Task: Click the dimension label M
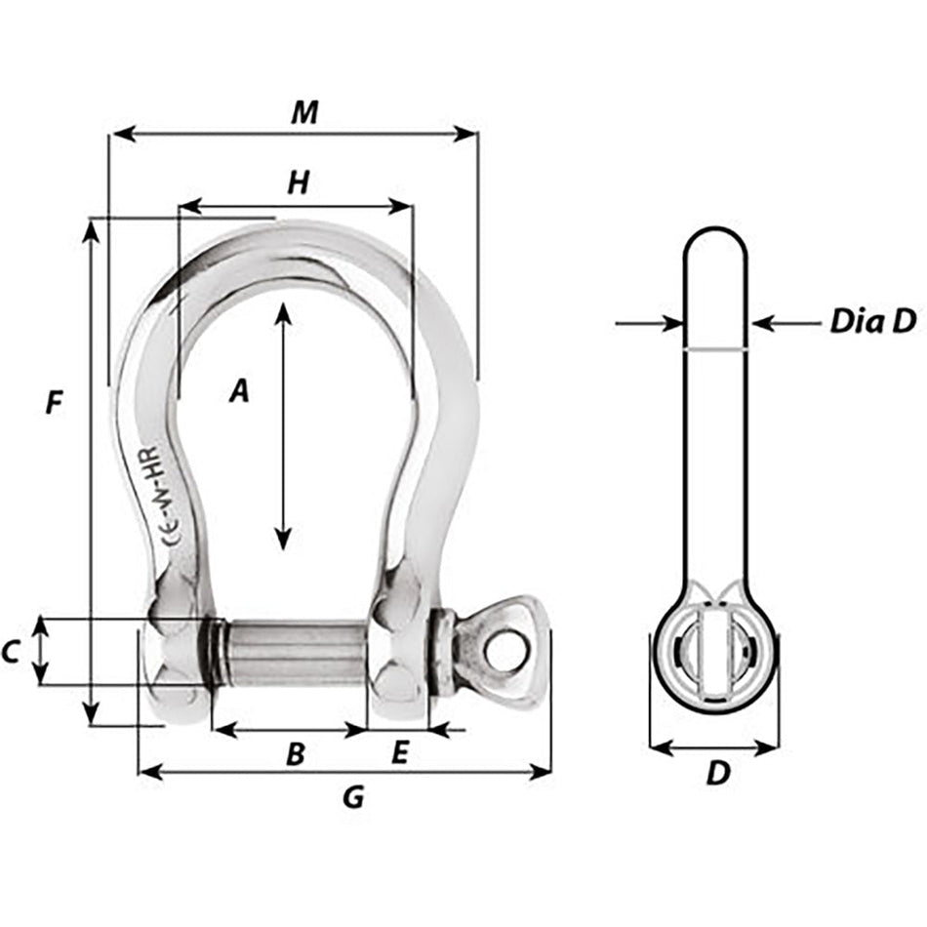(304, 113)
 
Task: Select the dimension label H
(299, 182)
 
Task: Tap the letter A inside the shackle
(239, 392)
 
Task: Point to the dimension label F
(55, 402)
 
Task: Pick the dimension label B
(295, 753)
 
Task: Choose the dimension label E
(399, 752)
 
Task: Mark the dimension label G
(353, 797)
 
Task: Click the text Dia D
(873, 322)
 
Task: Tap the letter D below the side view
(717, 774)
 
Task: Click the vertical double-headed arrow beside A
(283, 425)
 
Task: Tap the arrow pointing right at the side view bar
(649, 322)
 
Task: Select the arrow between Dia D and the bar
(786, 322)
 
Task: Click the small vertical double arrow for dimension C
(40, 651)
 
